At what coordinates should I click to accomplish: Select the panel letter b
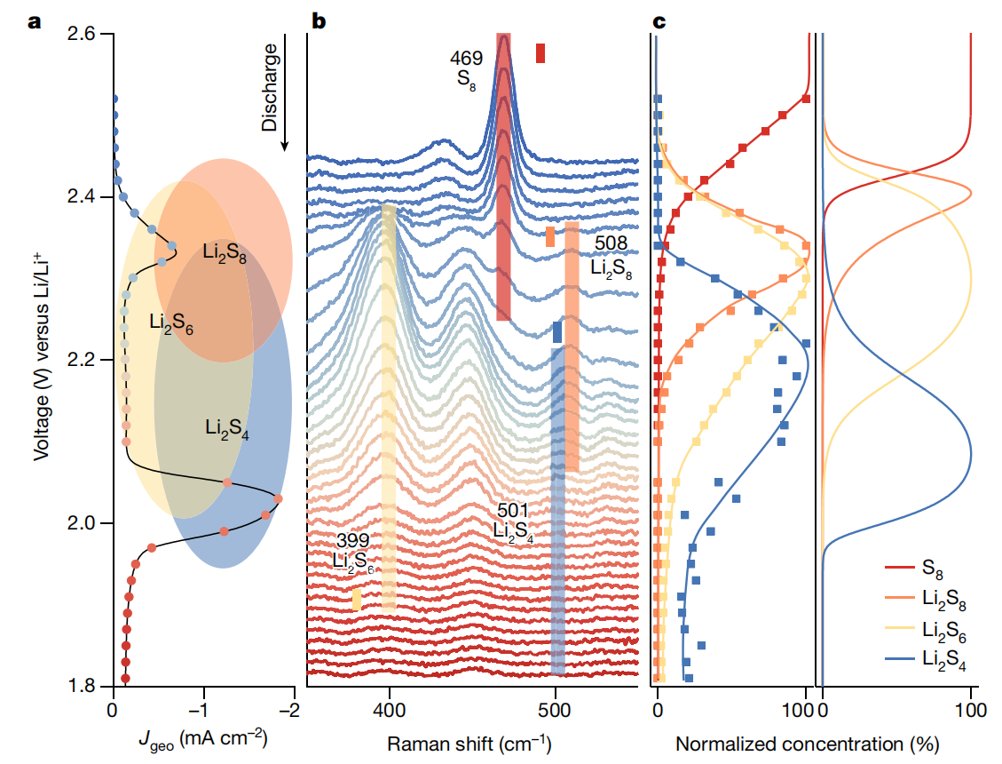(317, 20)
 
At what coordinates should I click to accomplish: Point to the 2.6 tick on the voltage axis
(86, 34)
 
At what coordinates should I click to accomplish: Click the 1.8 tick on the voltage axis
(86, 686)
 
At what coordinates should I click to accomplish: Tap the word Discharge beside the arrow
(271, 89)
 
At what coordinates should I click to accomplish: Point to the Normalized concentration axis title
(807, 743)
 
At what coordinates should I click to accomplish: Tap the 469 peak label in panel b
(466, 59)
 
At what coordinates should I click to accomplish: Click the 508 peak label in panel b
(611, 243)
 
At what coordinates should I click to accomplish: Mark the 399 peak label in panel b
(352, 541)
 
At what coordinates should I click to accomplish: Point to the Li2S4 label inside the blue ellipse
(226, 428)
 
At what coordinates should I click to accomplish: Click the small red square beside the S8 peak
(540, 53)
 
